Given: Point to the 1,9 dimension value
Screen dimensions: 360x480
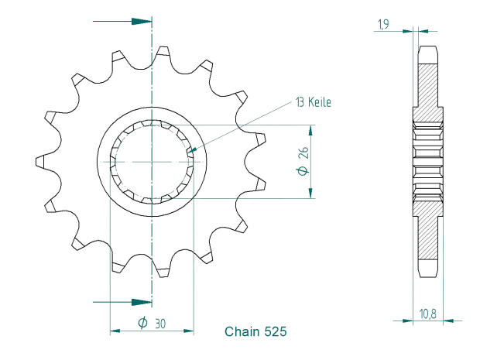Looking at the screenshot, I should pos(382,26).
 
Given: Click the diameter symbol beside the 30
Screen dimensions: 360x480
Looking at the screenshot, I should pos(143,323).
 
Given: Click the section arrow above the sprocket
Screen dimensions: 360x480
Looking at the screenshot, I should pos(140,20).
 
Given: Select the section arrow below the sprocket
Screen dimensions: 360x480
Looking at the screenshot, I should pos(140,300).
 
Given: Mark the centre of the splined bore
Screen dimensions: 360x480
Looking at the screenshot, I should pos(152,161).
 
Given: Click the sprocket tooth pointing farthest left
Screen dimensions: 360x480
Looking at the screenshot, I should pos(40,162).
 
